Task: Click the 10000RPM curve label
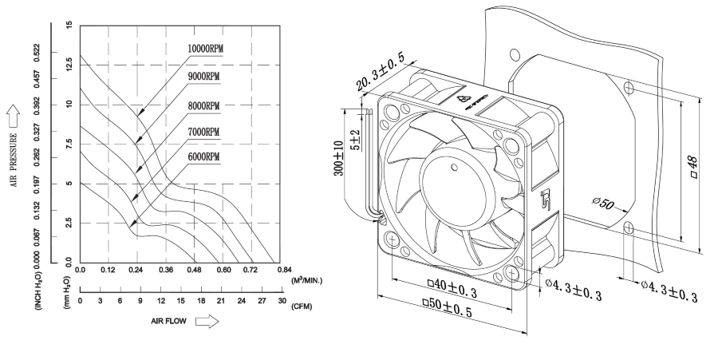205,49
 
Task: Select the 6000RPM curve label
203,156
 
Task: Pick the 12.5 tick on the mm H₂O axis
70,65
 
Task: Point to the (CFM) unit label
302,306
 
